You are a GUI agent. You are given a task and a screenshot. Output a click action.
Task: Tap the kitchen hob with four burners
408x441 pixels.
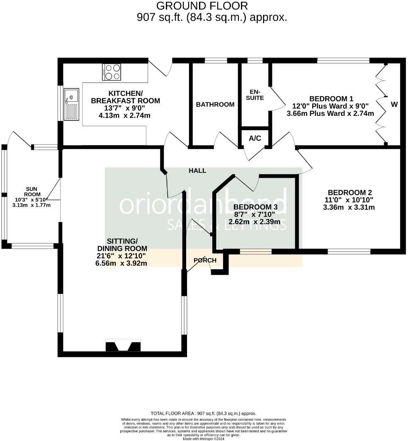click(x=112, y=72)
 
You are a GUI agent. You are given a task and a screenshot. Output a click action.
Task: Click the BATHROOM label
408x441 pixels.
click(x=215, y=104)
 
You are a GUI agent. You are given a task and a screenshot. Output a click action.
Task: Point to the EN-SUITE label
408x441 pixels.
click(x=255, y=94)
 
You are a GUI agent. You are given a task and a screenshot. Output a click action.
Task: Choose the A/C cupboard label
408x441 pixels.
click(x=255, y=138)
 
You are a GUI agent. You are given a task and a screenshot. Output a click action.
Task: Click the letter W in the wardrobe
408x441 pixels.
click(x=394, y=104)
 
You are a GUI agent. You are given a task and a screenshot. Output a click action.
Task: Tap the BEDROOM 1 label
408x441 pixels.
click(x=331, y=99)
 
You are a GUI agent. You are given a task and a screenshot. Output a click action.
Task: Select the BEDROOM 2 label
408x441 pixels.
click(x=350, y=192)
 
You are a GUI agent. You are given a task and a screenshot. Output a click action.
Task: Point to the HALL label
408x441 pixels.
click(x=197, y=170)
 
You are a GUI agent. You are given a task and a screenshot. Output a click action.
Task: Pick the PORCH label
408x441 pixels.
click(x=205, y=260)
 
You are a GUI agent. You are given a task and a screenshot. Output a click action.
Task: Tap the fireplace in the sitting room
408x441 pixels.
click(x=124, y=345)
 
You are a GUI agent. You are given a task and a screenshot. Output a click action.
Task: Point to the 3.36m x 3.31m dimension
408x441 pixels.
click(x=349, y=207)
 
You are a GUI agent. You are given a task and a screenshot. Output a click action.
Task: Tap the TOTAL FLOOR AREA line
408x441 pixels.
click(x=203, y=413)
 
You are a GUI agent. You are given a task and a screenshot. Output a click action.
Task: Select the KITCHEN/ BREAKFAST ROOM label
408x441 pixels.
click(x=125, y=97)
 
